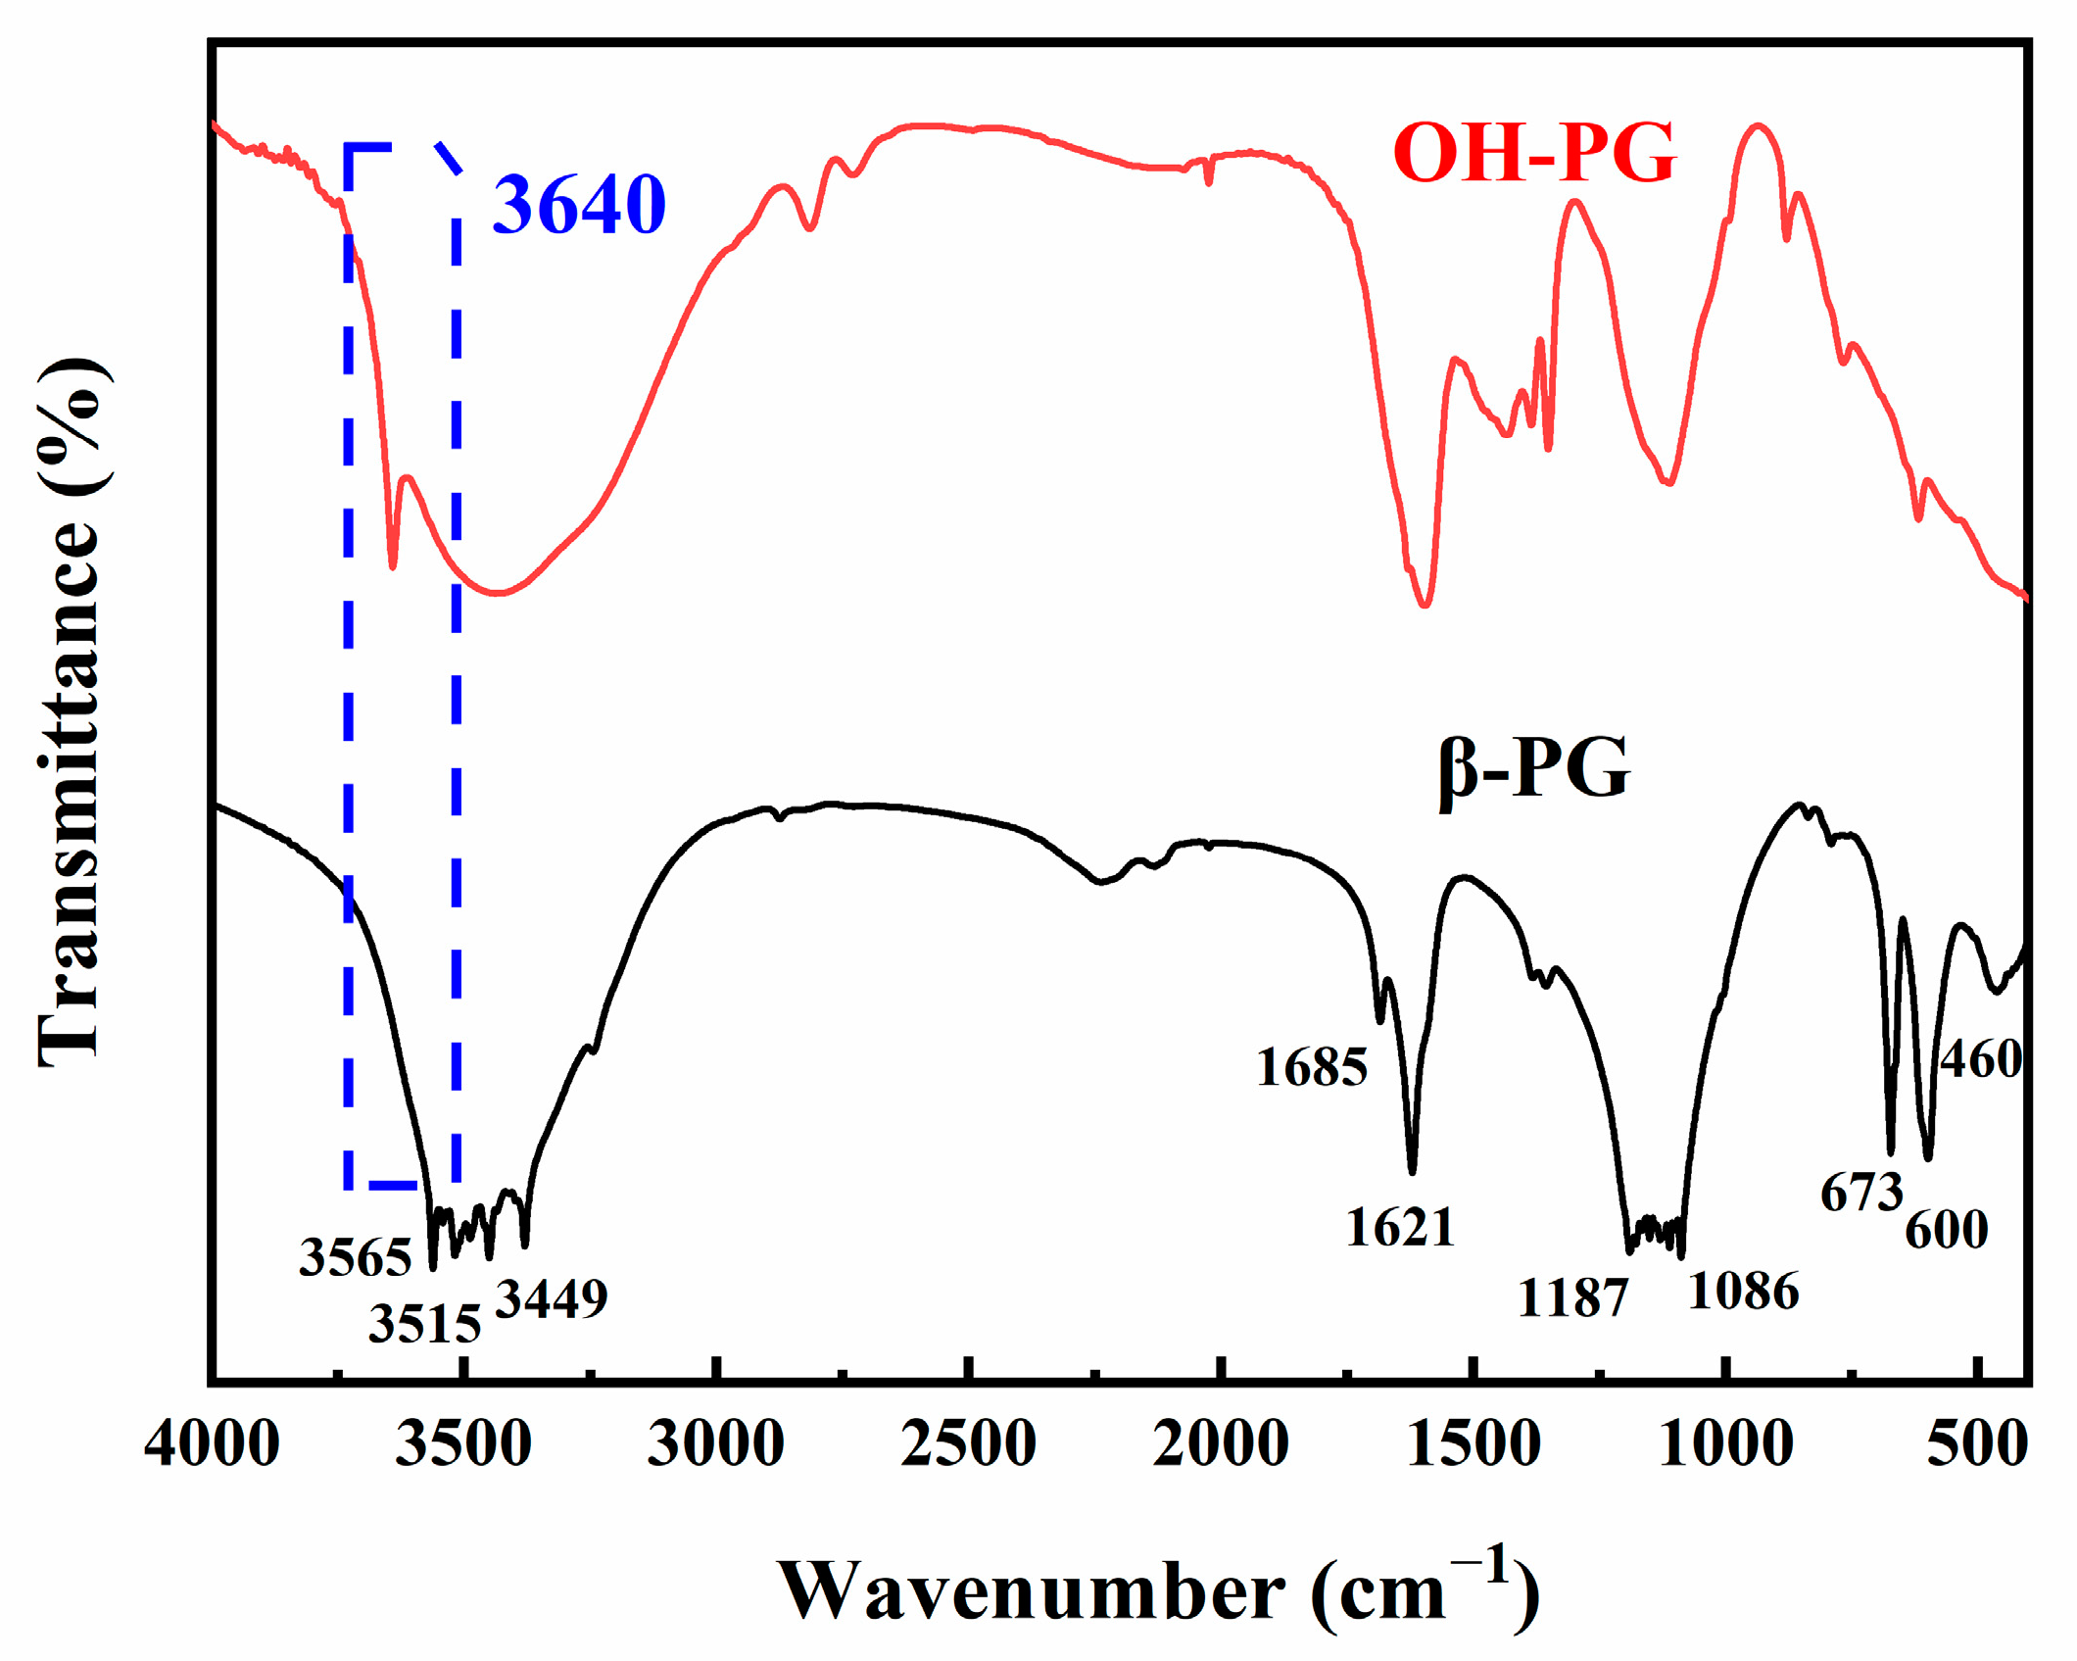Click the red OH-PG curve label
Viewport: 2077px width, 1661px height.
click(x=1534, y=154)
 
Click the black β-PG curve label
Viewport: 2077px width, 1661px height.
click(x=1534, y=769)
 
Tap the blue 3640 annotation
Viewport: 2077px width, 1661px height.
click(x=579, y=205)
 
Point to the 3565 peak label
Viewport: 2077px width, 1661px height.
click(x=355, y=1257)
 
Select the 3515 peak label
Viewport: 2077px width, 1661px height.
click(x=424, y=1325)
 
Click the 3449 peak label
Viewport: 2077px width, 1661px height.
click(x=552, y=1299)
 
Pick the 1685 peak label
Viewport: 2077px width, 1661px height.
click(x=1311, y=1067)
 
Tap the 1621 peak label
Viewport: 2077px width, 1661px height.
click(x=1400, y=1228)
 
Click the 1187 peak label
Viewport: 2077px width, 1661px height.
click(x=1572, y=1299)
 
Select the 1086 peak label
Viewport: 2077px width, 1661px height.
click(x=1744, y=1292)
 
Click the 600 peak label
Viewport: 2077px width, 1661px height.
click(x=1946, y=1231)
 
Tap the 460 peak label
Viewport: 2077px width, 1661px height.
click(x=1980, y=1060)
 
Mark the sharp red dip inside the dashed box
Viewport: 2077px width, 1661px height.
click(x=393, y=563)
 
